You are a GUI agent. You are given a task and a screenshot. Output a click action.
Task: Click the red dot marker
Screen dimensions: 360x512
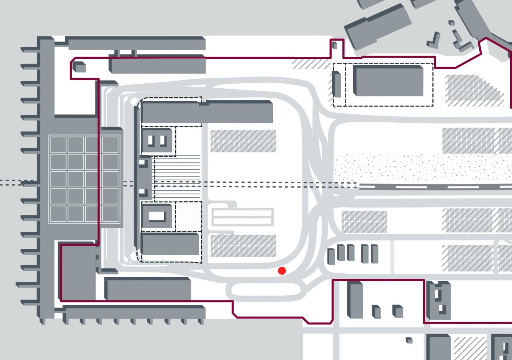282,271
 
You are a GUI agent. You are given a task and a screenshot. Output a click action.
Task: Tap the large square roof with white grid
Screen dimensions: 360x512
84,179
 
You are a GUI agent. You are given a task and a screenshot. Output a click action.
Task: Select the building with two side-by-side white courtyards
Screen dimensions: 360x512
158,141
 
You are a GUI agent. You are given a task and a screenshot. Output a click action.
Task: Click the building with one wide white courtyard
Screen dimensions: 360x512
157,216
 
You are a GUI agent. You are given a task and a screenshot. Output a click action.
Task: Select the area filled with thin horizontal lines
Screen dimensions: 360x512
177,178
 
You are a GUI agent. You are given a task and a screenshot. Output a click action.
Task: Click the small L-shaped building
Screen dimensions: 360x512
433,40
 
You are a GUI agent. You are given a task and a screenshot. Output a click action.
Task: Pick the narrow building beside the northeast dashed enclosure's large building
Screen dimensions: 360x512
337,84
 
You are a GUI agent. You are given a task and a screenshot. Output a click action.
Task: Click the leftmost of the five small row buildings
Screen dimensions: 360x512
331,256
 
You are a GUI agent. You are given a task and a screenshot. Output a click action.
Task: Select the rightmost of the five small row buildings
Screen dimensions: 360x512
375,254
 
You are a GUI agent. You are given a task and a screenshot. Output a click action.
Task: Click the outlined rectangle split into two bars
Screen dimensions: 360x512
242,217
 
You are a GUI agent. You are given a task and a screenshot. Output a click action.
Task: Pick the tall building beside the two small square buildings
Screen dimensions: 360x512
355,300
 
